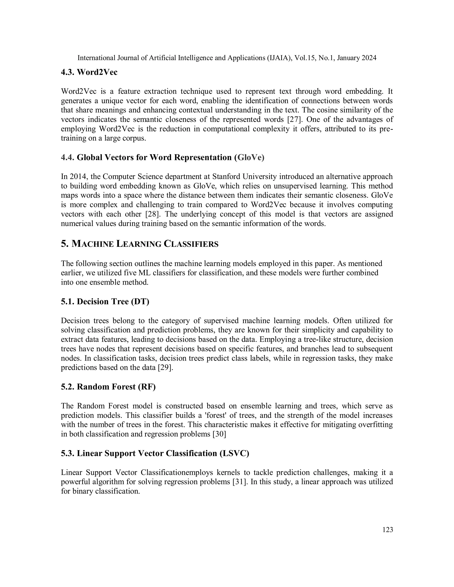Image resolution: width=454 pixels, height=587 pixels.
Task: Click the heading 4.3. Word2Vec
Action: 89,72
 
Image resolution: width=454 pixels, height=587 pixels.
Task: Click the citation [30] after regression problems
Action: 219,434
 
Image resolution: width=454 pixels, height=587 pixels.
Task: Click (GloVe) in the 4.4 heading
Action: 249,157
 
